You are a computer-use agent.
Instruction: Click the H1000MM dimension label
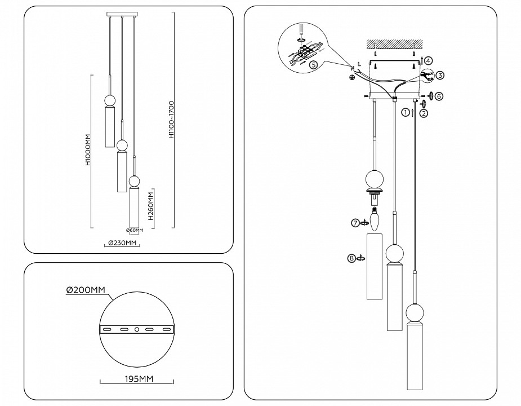pyautogui.click(x=88, y=151)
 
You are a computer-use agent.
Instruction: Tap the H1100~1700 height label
pyautogui.click(x=171, y=120)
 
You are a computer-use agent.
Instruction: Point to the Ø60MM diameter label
pyautogui.click(x=134, y=230)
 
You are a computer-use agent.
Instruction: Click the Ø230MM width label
pyautogui.click(x=121, y=244)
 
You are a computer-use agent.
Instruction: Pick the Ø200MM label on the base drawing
pyautogui.click(x=86, y=290)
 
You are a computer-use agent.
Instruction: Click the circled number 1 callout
pyautogui.click(x=405, y=112)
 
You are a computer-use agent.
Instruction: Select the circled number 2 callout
pyautogui.click(x=424, y=113)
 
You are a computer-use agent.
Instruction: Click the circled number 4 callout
pyautogui.click(x=429, y=60)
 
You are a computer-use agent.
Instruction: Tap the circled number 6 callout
pyautogui.click(x=439, y=96)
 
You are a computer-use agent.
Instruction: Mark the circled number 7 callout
pyautogui.click(x=355, y=223)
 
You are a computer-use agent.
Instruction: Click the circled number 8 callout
pyautogui.click(x=351, y=258)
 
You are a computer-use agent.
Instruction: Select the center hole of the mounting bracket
pyautogui.click(x=136, y=329)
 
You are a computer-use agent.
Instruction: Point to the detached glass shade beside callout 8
pyautogui.click(x=375, y=265)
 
